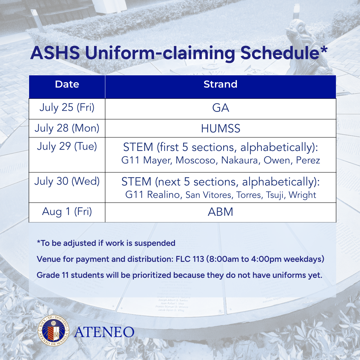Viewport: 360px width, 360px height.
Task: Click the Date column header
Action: point(67,84)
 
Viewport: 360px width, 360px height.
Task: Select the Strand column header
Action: point(220,84)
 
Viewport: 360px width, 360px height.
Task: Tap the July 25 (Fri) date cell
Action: point(67,107)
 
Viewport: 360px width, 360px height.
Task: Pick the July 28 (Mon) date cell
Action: point(67,128)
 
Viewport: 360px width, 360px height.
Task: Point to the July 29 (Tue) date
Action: point(67,146)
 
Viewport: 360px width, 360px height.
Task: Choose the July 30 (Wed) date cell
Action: point(67,181)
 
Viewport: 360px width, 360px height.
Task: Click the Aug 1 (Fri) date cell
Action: point(67,212)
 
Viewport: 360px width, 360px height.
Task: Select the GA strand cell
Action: point(220,108)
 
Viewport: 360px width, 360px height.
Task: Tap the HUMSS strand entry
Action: point(220,128)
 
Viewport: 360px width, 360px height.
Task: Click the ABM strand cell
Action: point(220,212)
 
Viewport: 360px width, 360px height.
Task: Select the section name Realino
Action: point(163,195)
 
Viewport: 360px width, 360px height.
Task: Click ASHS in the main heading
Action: point(55,53)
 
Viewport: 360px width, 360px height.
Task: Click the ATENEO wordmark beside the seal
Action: point(104,332)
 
